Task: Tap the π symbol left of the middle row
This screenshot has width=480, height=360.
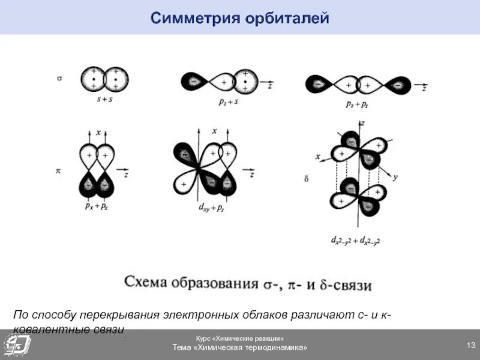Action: pyautogui.click(x=58, y=172)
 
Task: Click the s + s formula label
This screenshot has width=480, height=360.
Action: pyautogui.click(x=105, y=100)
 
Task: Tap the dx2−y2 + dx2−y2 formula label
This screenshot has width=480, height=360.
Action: pyautogui.click(x=356, y=241)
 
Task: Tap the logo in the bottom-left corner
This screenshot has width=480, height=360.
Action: pyautogui.click(x=16, y=344)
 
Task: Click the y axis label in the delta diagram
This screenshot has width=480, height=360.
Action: pyautogui.click(x=395, y=178)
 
